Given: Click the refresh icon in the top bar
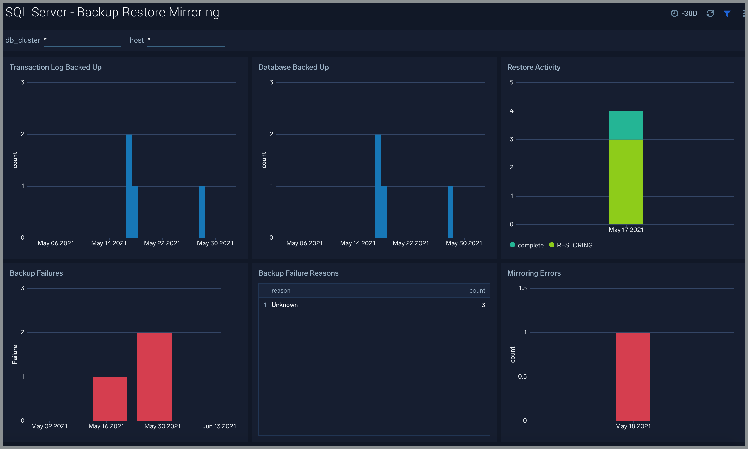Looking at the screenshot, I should pos(710,13).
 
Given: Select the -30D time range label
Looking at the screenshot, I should pos(689,13).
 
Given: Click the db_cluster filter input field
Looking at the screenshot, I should pos(82,40).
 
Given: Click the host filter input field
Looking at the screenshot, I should pos(186,40).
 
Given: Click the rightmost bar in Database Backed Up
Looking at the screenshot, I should pos(450,212).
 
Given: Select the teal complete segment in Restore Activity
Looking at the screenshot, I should pos(625,125).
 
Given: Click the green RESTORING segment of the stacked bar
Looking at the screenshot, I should pos(625,181).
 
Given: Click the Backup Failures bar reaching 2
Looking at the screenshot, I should pos(154,376).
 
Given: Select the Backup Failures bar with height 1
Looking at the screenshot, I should pos(110,398).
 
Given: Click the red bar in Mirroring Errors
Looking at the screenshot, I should pos(633,376).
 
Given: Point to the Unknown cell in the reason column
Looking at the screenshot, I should pos(284,305).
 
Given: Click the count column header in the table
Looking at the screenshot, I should pos(477,290).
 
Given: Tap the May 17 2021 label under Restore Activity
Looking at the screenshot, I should pos(626,230).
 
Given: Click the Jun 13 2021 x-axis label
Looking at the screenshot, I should pos(219,426).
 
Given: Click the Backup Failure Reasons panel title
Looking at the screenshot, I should pos(298,273).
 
